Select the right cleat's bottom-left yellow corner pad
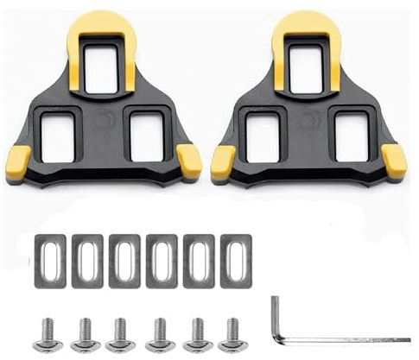pos(223,161)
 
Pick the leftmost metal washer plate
pos(50,259)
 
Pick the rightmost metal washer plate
pos(235,259)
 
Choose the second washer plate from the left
pos(87,260)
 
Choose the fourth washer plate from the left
pos(161,260)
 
